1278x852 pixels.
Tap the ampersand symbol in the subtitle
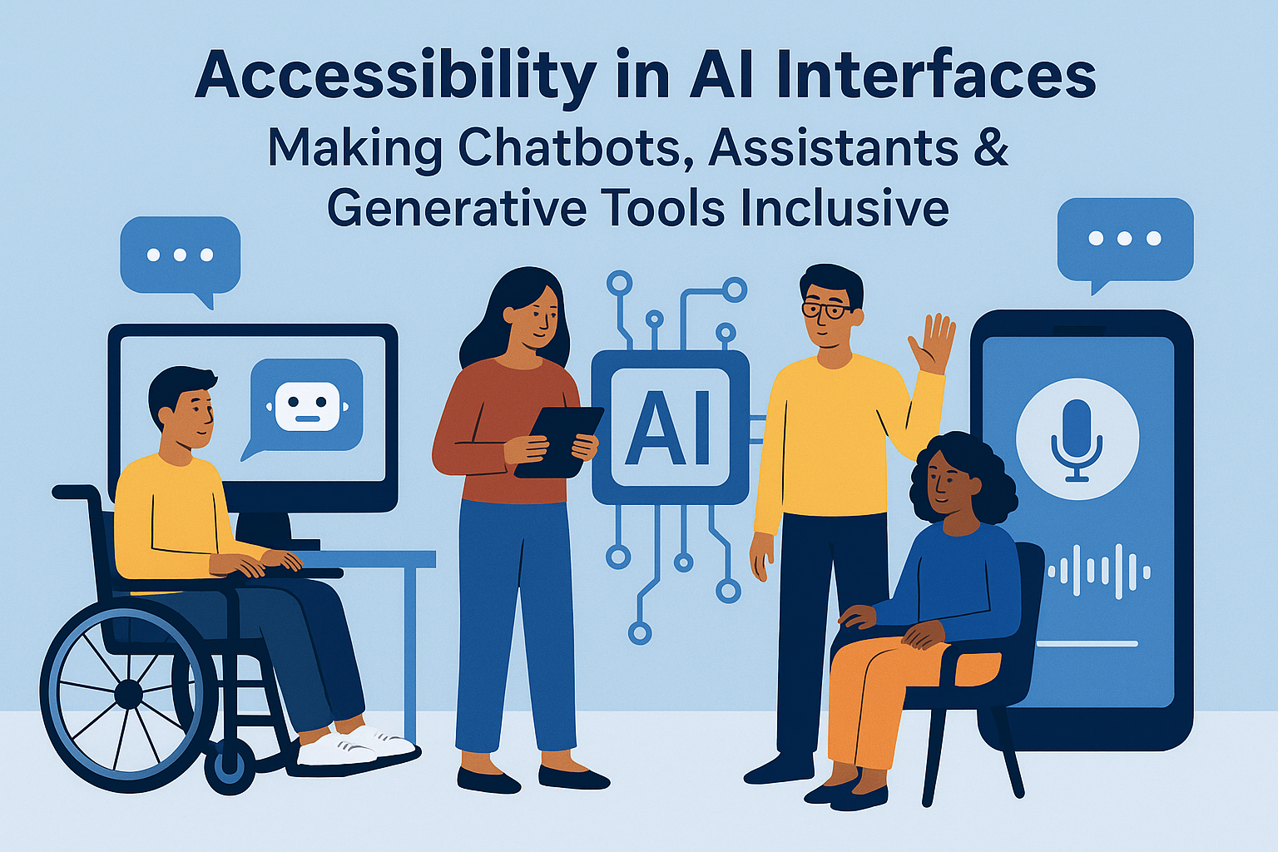coord(990,147)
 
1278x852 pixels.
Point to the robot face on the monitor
coord(307,407)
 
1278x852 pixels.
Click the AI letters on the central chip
coord(670,427)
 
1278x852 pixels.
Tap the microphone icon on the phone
coord(1077,439)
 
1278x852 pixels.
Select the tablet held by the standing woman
coord(559,441)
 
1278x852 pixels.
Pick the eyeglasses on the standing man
coord(826,310)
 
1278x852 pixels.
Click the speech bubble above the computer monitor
coord(180,256)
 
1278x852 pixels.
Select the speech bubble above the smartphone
coord(1124,240)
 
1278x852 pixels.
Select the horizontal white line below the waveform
coord(1087,643)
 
